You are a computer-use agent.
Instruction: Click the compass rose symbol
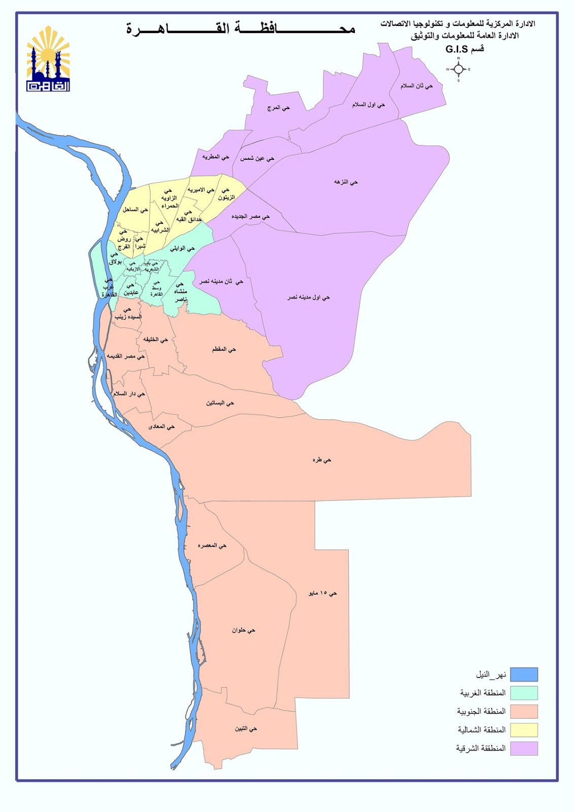pos(458,70)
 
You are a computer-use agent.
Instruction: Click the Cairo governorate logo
pos(48,59)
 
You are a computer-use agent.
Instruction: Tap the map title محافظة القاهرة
pos(241,28)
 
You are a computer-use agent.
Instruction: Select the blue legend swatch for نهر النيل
pos(524,674)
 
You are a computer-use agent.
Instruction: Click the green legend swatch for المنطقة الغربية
pos(524,693)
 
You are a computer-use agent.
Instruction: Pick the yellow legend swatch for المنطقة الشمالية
pos(524,730)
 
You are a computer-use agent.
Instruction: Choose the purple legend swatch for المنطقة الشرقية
pos(524,749)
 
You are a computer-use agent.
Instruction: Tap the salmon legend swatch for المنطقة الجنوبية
pos(524,712)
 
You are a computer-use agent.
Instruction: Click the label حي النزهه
pos(346,182)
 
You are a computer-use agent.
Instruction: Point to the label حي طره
pos(322,460)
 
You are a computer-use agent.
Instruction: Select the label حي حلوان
pos(244,630)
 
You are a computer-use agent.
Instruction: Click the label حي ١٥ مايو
pos(323,593)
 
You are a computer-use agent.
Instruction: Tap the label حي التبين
pos(246,729)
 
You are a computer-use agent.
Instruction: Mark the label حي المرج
pos(279,108)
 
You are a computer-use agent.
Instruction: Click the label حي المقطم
pos(224,349)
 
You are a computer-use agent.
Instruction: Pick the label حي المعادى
pos(161,427)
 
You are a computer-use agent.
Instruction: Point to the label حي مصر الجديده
pos(251,216)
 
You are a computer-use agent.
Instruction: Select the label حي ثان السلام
pos(417,86)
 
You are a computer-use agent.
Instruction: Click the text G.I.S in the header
pos(456,49)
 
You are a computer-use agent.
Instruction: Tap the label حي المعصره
pos(212,546)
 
